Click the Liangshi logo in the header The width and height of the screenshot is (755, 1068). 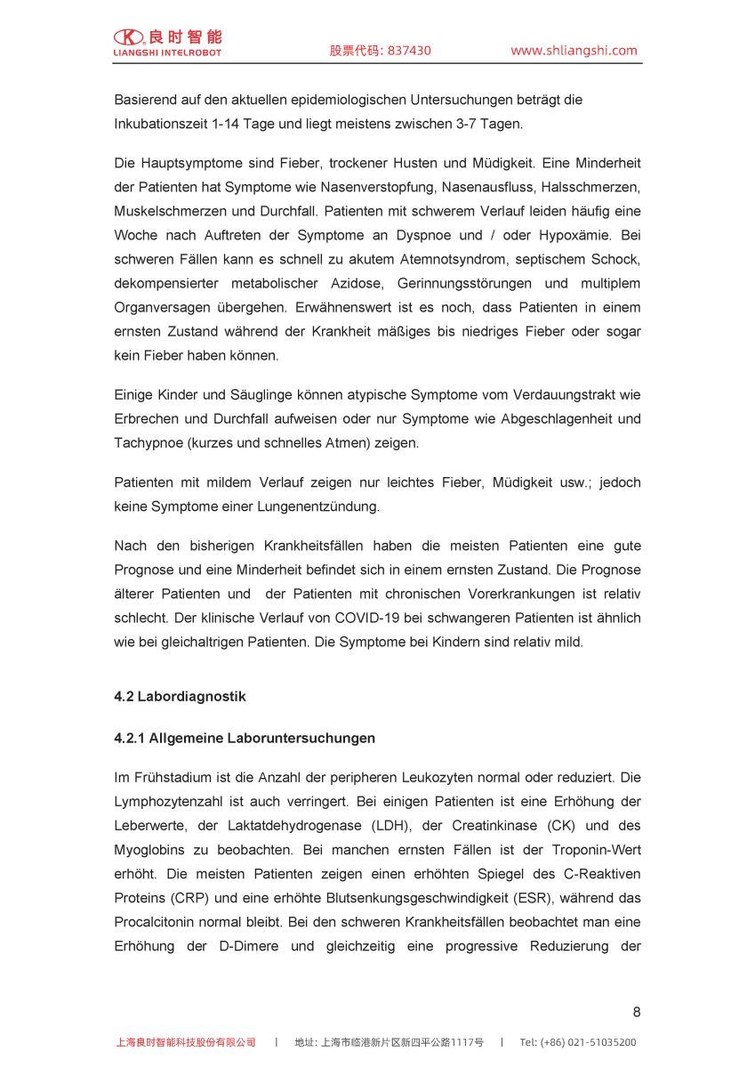167,42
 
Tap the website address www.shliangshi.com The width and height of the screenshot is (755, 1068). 574,51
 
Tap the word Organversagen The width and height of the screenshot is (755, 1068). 163,308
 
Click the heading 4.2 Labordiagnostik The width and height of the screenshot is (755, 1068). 180,697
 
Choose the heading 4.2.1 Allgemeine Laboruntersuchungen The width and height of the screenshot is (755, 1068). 245,739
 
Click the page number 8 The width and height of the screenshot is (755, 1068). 636,1012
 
